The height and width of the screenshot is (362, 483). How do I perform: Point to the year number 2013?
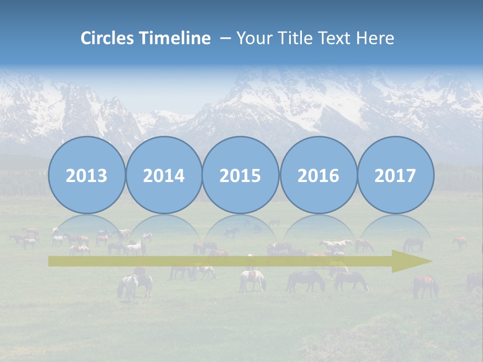pyautogui.click(x=87, y=176)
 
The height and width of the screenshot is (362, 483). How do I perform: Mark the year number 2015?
pyautogui.click(x=240, y=176)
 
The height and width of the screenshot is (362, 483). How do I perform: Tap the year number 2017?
pyautogui.click(x=395, y=176)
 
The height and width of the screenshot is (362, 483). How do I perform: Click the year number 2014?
pyautogui.click(x=164, y=176)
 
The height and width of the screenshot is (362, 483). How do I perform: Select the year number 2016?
pyautogui.click(x=318, y=176)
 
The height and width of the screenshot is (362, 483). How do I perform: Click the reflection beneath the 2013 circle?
pyautogui.click(x=87, y=226)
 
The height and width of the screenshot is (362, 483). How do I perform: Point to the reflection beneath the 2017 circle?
pyautogui.click(x=395, y=226)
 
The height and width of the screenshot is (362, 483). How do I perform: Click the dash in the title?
pyautogui.click(x=225, y=38)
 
